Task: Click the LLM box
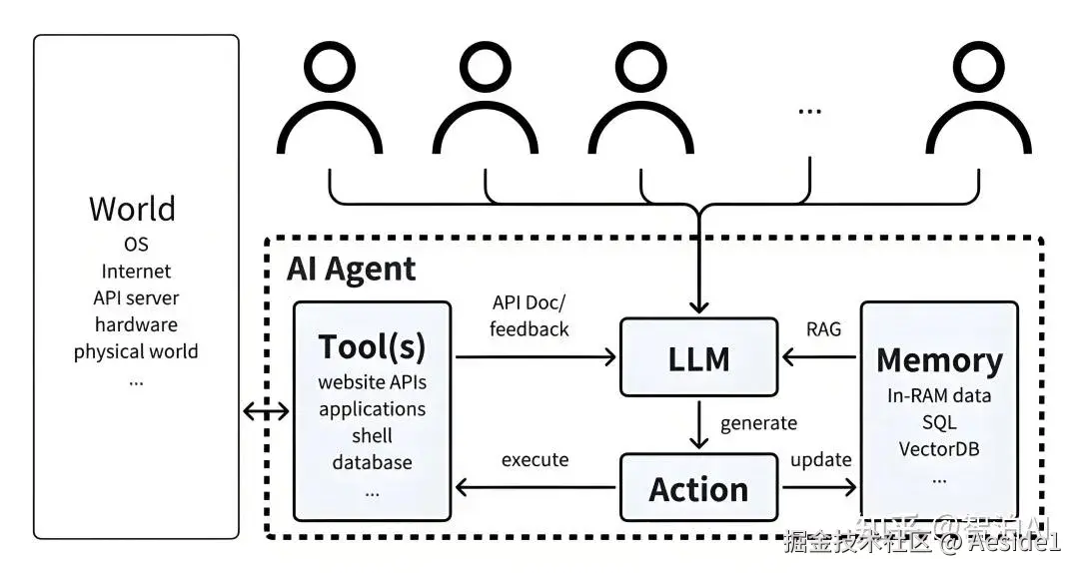(698, 356)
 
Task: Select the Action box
(698, 488)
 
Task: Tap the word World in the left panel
(132, 209)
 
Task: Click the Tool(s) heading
(372, 346)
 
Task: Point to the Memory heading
(939, 359)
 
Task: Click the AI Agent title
(351, 269)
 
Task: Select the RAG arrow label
(823, 328)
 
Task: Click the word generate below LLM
(759, 423)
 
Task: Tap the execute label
(535, 460)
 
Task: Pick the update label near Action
(821, 460)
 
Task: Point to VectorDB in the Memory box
(938, 448)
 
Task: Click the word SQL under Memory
(939, 422)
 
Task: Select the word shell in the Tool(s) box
(372, 436)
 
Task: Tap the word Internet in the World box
(136, 272)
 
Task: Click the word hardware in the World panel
(136, 324)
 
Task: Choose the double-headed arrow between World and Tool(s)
(266, 409)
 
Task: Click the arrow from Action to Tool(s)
(535, 487)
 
